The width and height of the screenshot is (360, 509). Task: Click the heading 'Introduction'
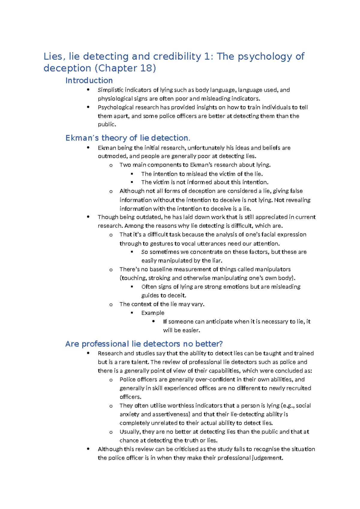tap(89, 80)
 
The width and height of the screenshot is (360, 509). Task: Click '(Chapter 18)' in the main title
tap(125, 68)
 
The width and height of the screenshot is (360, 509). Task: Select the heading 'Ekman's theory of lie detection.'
tap(128, 138)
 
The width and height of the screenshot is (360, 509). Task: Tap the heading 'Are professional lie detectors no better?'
tap(144, 344)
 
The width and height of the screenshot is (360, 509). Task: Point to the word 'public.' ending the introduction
tap(107, 124)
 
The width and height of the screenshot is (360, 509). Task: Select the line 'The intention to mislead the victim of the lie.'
tap(202, 174)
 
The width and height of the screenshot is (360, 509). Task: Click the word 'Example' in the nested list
tap(153, 313)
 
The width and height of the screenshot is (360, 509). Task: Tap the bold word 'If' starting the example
tap(165, 321)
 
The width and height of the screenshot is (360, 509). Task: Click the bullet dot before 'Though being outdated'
tap(88, 217)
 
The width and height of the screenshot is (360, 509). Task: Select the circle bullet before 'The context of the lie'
tap(111, 305)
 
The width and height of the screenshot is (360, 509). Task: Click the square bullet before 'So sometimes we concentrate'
tap(132, 252)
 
